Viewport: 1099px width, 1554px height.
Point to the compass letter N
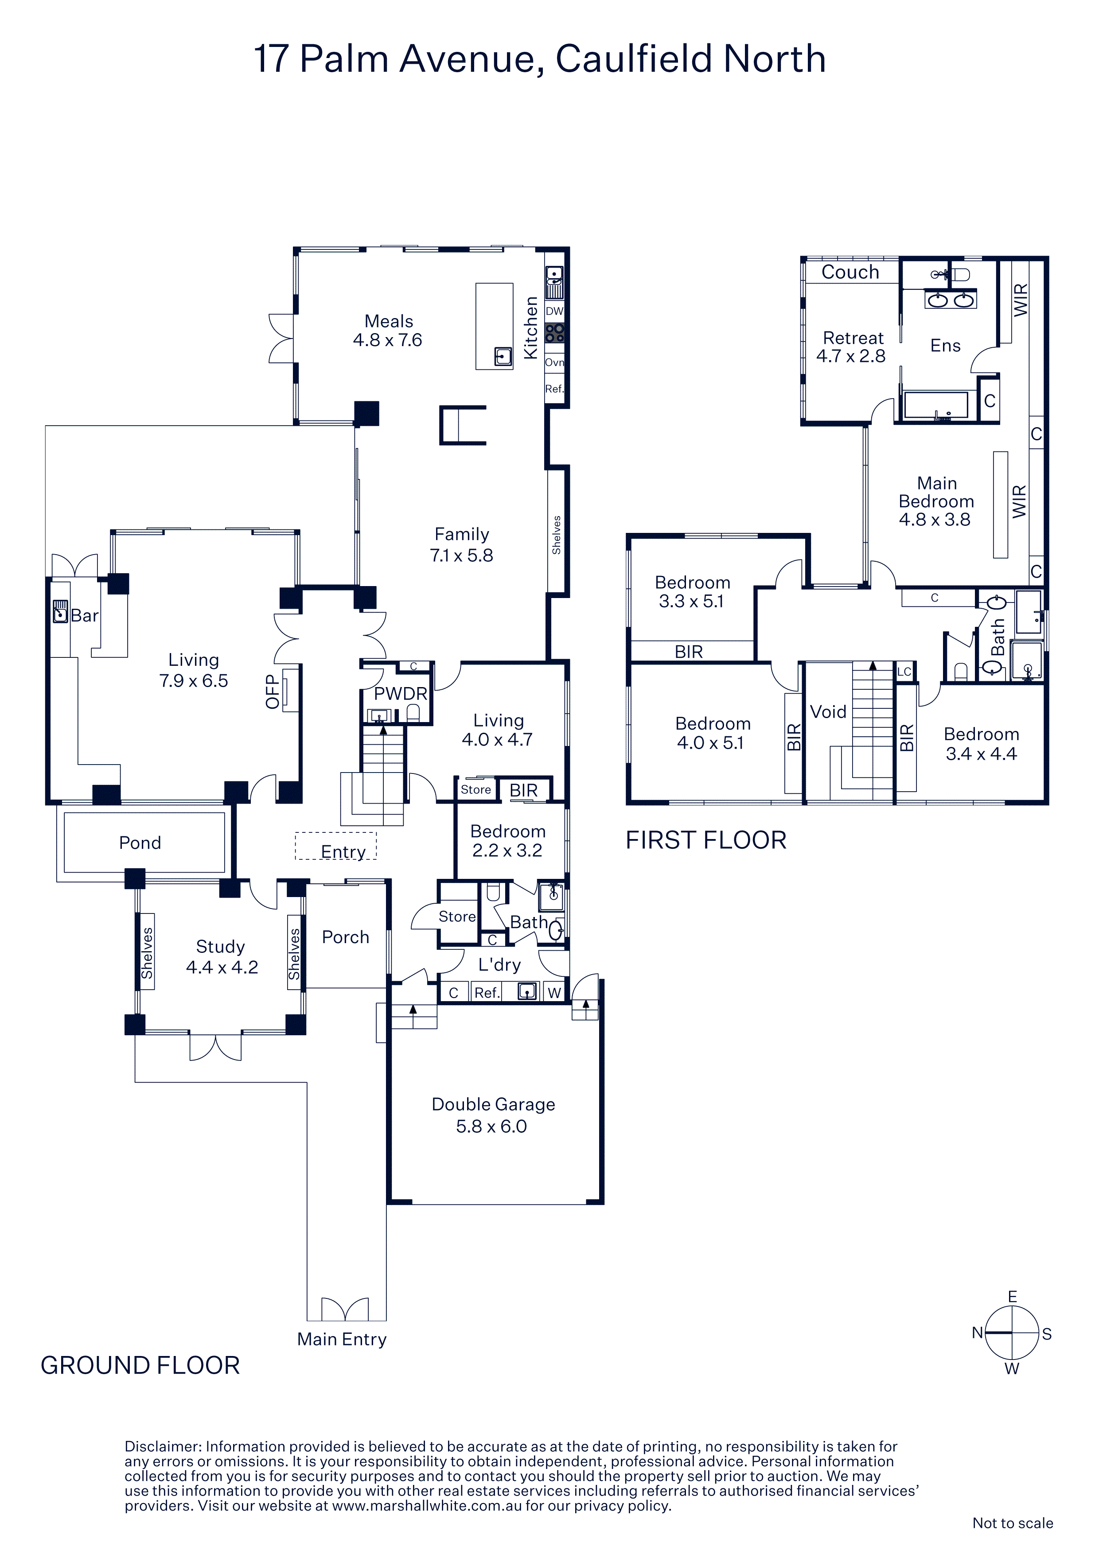977,1333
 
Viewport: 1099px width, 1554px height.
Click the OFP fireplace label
272,691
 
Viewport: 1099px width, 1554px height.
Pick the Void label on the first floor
828,711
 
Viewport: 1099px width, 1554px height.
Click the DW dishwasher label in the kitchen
554,311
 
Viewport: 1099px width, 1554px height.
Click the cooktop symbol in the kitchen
554,333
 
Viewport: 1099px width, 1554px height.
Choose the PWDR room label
401,694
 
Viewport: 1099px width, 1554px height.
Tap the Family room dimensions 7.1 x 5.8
461,556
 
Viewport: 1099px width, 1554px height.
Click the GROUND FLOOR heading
140,1365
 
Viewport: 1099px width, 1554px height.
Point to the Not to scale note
1012,1523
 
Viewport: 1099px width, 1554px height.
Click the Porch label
345,937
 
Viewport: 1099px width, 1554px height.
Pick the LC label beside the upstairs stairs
904,672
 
